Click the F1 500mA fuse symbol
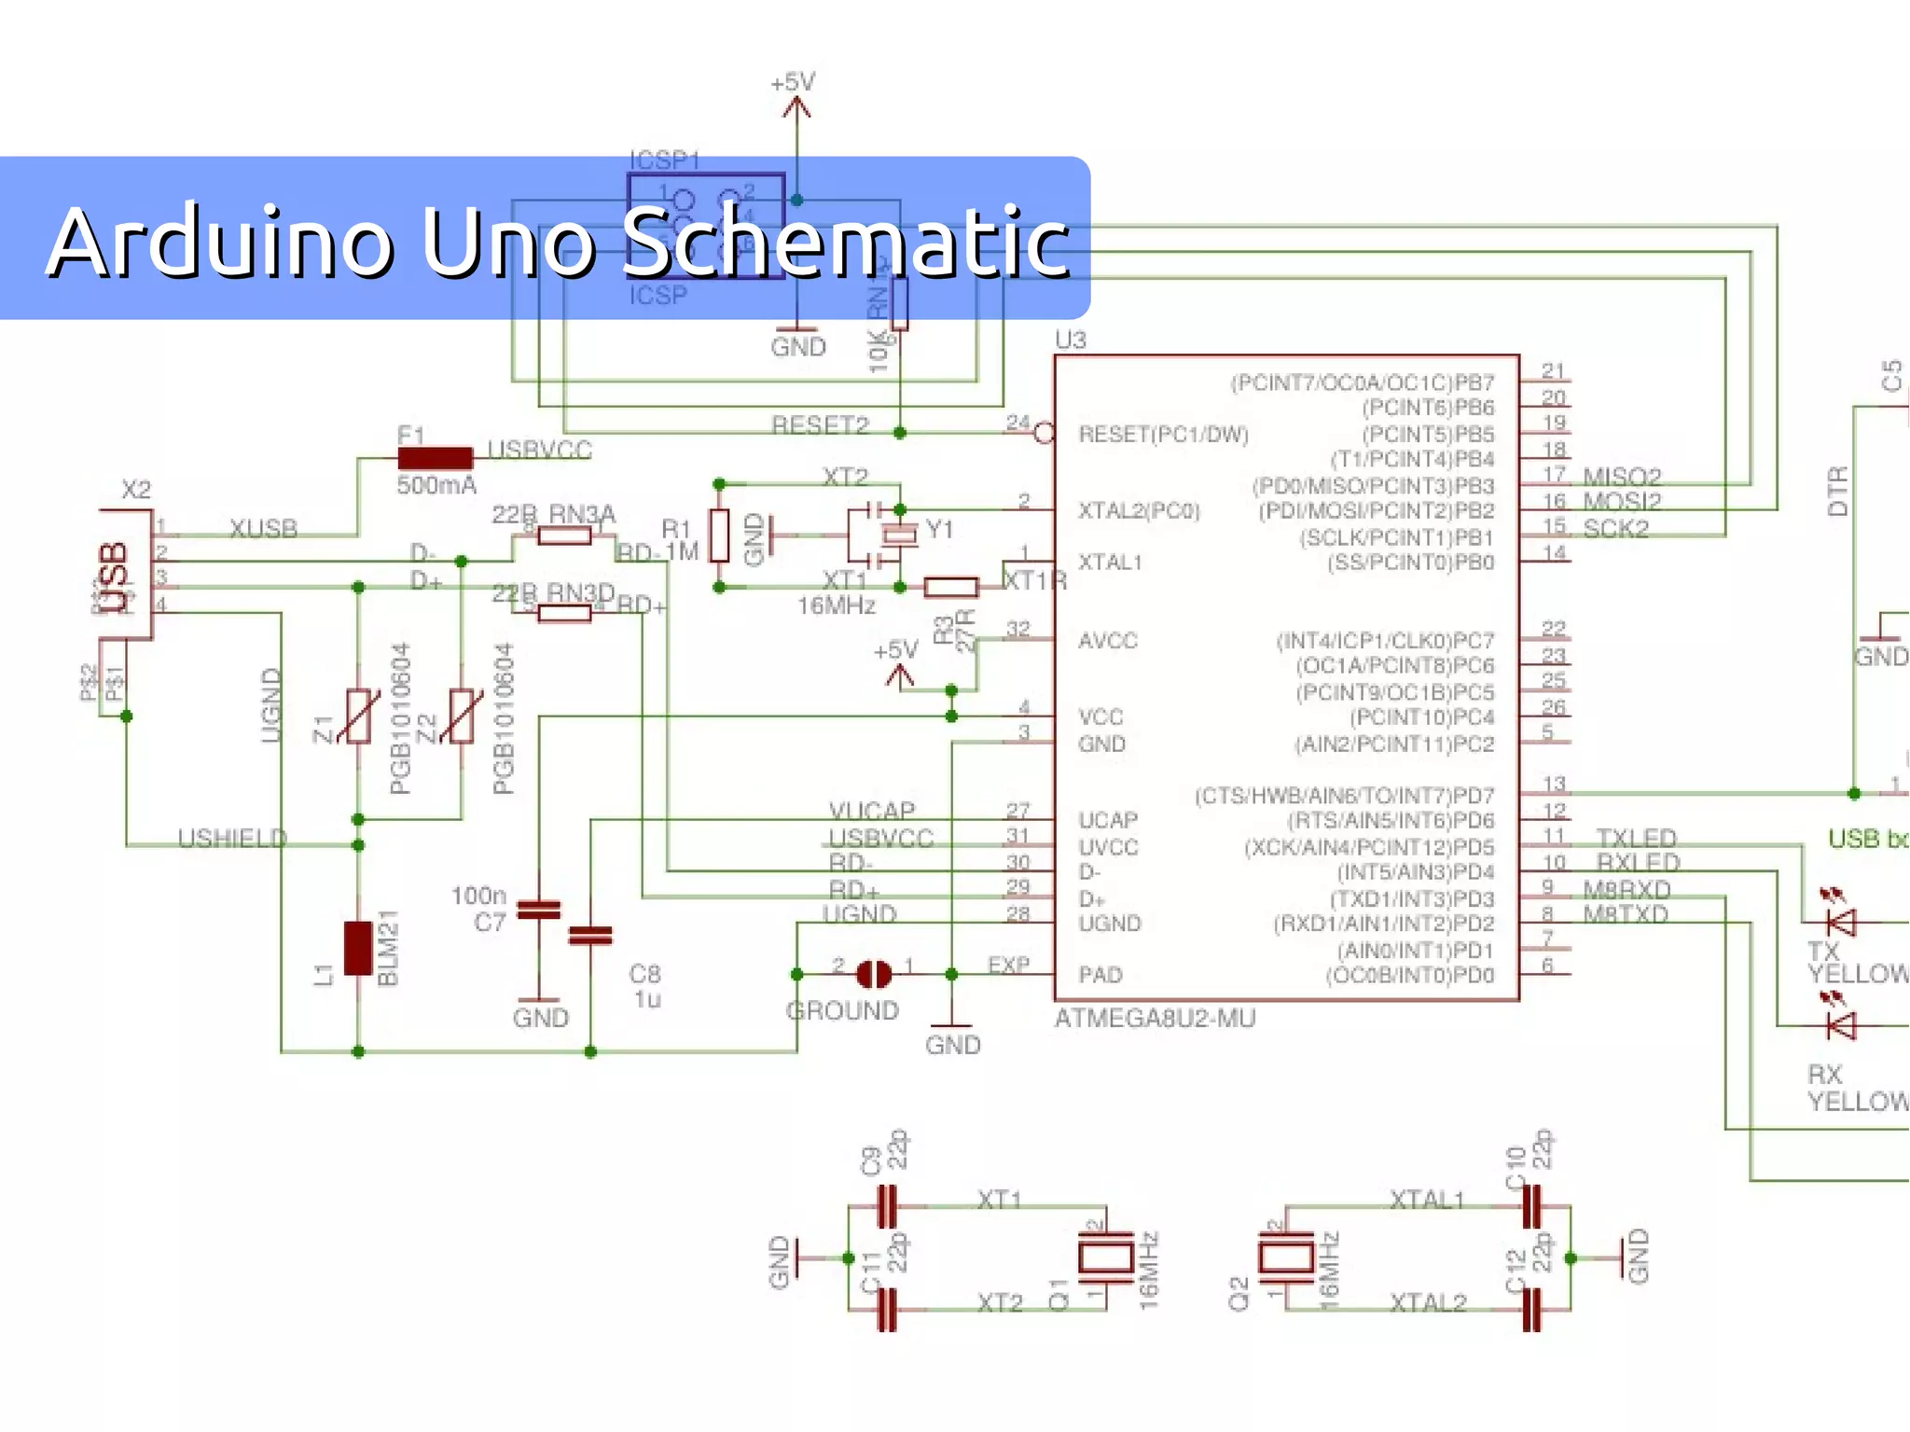point(435,458)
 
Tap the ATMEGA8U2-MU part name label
point(1155,1019)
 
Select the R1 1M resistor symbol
point(719,535)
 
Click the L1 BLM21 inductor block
point(358,948)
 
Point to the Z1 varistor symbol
point(359,716)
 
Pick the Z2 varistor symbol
point(462,716)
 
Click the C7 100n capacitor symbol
point(539,910)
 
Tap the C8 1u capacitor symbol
point(590,935)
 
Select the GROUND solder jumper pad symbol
point(874,974)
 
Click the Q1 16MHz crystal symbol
point(1105,1258)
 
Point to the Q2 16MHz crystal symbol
point(1285,1258)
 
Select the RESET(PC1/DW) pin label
point(1163,435)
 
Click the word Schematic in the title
point(845,243)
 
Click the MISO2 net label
point(1622,478)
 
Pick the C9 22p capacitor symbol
point(887,1206)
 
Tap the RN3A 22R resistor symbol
point(565,535)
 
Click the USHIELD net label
point(232,838)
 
